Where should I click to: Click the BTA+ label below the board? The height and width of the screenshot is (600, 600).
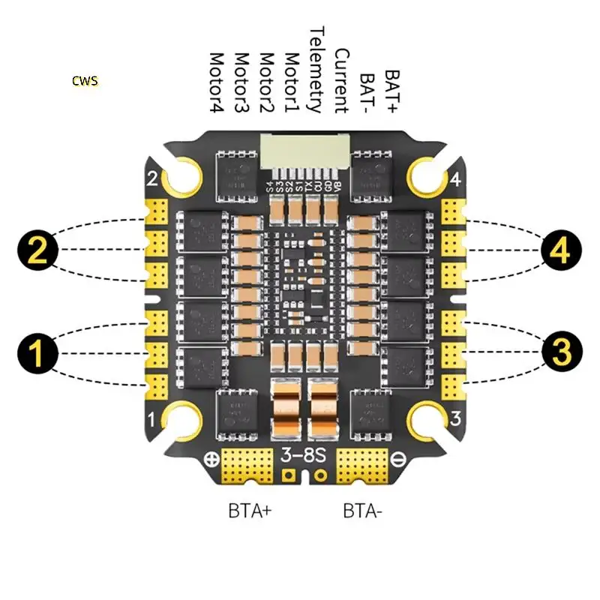[x=250, y=511]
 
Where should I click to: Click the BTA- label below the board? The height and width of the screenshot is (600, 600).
[x=364, y=511]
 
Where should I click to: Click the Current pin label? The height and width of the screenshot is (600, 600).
[x=341, y=80]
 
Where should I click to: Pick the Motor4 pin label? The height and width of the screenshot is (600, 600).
[x=217, y=82]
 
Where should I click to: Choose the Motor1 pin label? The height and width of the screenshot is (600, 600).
[x=292, y=82]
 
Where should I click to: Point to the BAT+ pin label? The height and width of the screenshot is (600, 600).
[x=391, y=91]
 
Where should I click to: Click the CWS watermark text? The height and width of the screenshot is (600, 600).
[x=85, y=80]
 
